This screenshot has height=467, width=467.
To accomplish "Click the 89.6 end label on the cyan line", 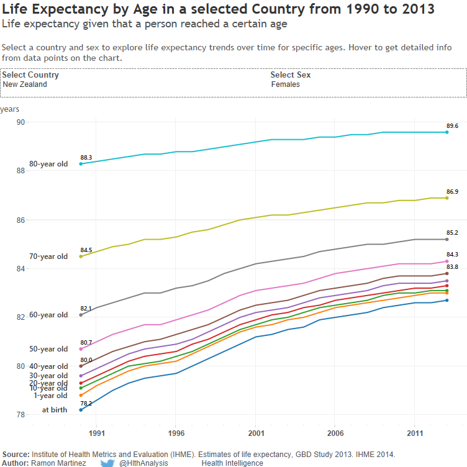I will pos(452,125).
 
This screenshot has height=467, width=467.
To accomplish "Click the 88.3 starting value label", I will pos(86,158).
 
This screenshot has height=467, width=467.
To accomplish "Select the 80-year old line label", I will pos(49,164).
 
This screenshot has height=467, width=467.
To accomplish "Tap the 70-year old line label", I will pos(49,256).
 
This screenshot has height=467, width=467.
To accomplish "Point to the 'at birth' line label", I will pos(55,410).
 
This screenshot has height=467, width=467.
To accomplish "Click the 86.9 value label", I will pos(452,192).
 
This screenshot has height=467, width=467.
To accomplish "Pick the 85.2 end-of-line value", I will pos(452,233).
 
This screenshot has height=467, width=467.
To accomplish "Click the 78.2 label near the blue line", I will pos(86,403).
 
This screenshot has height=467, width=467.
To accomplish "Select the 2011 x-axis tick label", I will pos(415,432).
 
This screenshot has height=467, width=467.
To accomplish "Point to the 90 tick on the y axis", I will pos(20,122).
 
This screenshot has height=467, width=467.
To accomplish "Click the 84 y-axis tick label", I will pos(20,268).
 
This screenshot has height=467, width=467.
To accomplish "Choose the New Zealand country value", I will pos(25,84).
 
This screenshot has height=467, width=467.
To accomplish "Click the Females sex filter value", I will pos(286,84).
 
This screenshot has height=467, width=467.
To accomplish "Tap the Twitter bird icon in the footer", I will pos(107,463).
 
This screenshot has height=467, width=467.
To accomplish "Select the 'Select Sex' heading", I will pos(291,75).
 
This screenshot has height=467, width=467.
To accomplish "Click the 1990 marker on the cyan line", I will pos(81,163).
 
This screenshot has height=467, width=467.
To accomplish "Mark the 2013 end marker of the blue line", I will pos(447,301).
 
